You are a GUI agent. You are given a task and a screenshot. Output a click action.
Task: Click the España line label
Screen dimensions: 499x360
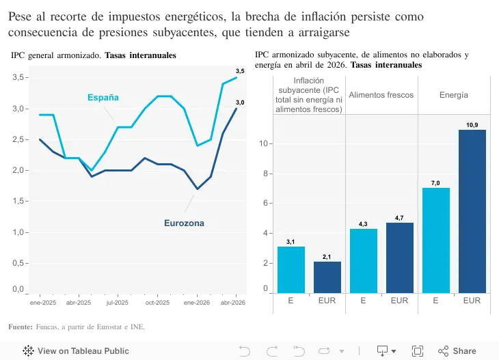coord(103,97)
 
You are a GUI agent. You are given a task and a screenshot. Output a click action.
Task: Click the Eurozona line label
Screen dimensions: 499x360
coord(184,223)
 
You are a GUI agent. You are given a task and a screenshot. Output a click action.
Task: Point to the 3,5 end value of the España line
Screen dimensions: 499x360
coord(240,71)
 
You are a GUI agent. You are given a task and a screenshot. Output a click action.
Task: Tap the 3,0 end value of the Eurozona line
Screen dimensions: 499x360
coord(240,102)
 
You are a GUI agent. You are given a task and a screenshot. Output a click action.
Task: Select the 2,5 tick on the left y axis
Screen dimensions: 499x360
coord(18,139)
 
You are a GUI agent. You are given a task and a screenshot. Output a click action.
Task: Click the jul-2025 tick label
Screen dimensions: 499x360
coord(117,303)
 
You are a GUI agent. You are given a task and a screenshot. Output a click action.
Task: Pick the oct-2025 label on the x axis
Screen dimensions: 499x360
coord(157,303)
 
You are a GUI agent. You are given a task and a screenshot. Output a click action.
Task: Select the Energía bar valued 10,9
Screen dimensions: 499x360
coord(472,211)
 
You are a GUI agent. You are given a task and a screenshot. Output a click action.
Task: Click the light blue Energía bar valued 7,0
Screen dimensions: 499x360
coord(435,240)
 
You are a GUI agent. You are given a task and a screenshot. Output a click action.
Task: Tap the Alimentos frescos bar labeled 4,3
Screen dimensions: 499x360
coord(364,261)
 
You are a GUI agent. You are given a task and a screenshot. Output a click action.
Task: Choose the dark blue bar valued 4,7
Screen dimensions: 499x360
coord(400,258)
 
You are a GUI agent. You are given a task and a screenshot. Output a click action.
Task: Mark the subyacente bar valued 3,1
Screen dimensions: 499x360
coord(291,270)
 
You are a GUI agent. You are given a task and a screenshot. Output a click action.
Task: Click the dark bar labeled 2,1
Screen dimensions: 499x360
coord(327,277)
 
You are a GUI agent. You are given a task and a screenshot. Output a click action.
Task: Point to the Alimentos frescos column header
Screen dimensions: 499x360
coord(381,95)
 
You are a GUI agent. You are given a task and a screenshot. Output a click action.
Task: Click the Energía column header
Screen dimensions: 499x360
coord(454,95)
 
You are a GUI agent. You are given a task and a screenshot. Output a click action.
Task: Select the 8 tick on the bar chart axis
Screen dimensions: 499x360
coord(265,174)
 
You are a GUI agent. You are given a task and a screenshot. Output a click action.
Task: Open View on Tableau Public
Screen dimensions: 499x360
coord(76,350)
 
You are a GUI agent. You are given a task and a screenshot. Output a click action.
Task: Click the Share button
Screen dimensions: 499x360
coord(457,350)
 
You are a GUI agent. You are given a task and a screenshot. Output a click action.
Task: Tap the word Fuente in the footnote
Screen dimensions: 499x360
coord(21,327)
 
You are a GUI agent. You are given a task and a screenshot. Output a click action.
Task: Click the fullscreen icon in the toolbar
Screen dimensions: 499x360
coord(417,350)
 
